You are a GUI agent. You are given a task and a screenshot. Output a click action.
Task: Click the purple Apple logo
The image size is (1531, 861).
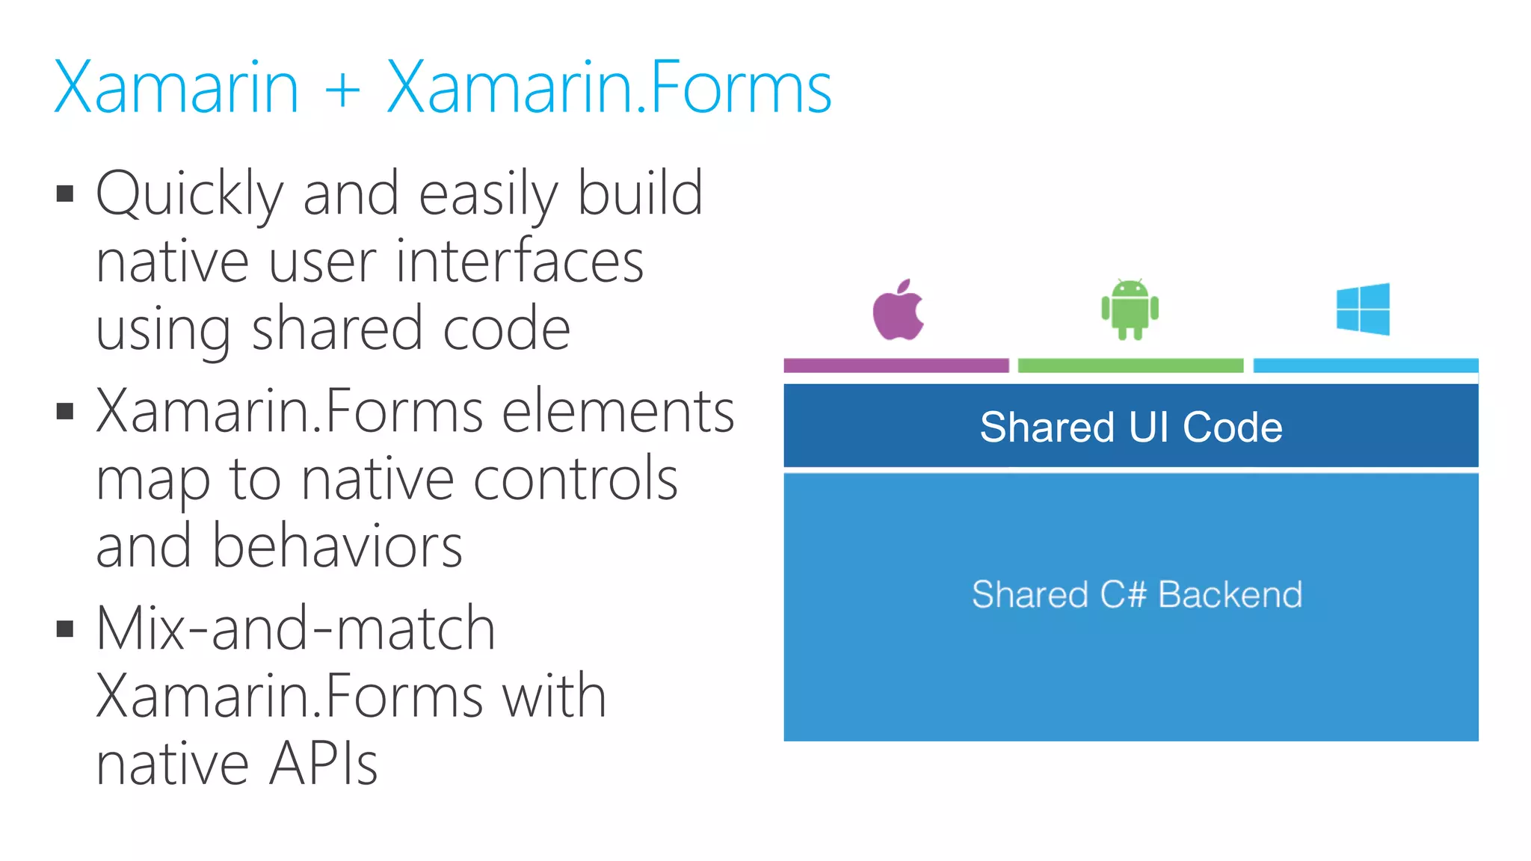pyautogui.click(x=898, y=311)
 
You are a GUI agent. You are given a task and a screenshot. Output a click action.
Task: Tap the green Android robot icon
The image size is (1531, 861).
pyautogui.click(x=1130, y=309)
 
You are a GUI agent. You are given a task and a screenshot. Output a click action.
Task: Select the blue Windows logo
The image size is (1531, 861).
pyautogui.click(x=1363, y=309)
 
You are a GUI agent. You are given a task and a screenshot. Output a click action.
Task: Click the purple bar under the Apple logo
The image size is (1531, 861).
pyautogui.click(x=896, y=365)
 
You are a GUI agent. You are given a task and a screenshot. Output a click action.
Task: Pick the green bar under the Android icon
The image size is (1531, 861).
pyautogui.click(x=1130, y=365)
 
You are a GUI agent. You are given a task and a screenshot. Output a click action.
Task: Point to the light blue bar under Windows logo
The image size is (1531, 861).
pyautogui.click(x=1365, y=365)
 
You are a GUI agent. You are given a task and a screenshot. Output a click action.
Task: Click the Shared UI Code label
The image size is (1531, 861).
pyautogui.click(x=1130, y=427)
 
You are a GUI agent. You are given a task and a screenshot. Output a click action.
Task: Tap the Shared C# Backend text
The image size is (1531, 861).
pyautogui.click(x=1136, y=595)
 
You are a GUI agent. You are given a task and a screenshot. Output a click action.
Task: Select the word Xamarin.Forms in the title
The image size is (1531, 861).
pyautogui.click(x=609, y=88)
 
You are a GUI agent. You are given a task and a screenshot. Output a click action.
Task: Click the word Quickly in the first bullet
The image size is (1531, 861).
pyautogui.click(x=189, y=194)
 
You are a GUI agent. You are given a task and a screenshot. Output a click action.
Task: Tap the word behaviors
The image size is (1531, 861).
pyautogui.click(x=337, y=546)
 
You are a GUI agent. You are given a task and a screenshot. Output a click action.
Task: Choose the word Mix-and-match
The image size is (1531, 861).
pyautogui.click(x=296, y=629)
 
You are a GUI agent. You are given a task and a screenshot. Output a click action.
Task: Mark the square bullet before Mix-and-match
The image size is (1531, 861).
pyautogui.click(x=65, y=629)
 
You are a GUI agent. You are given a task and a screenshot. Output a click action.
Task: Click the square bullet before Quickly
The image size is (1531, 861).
pyautogui.click(x=65, y=194)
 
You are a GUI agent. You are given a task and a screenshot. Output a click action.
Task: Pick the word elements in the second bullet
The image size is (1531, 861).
pyautogui.click(x=617, y=412)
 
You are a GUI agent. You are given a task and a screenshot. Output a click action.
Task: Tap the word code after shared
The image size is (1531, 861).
pyautogui.click(x=506, y=329)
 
